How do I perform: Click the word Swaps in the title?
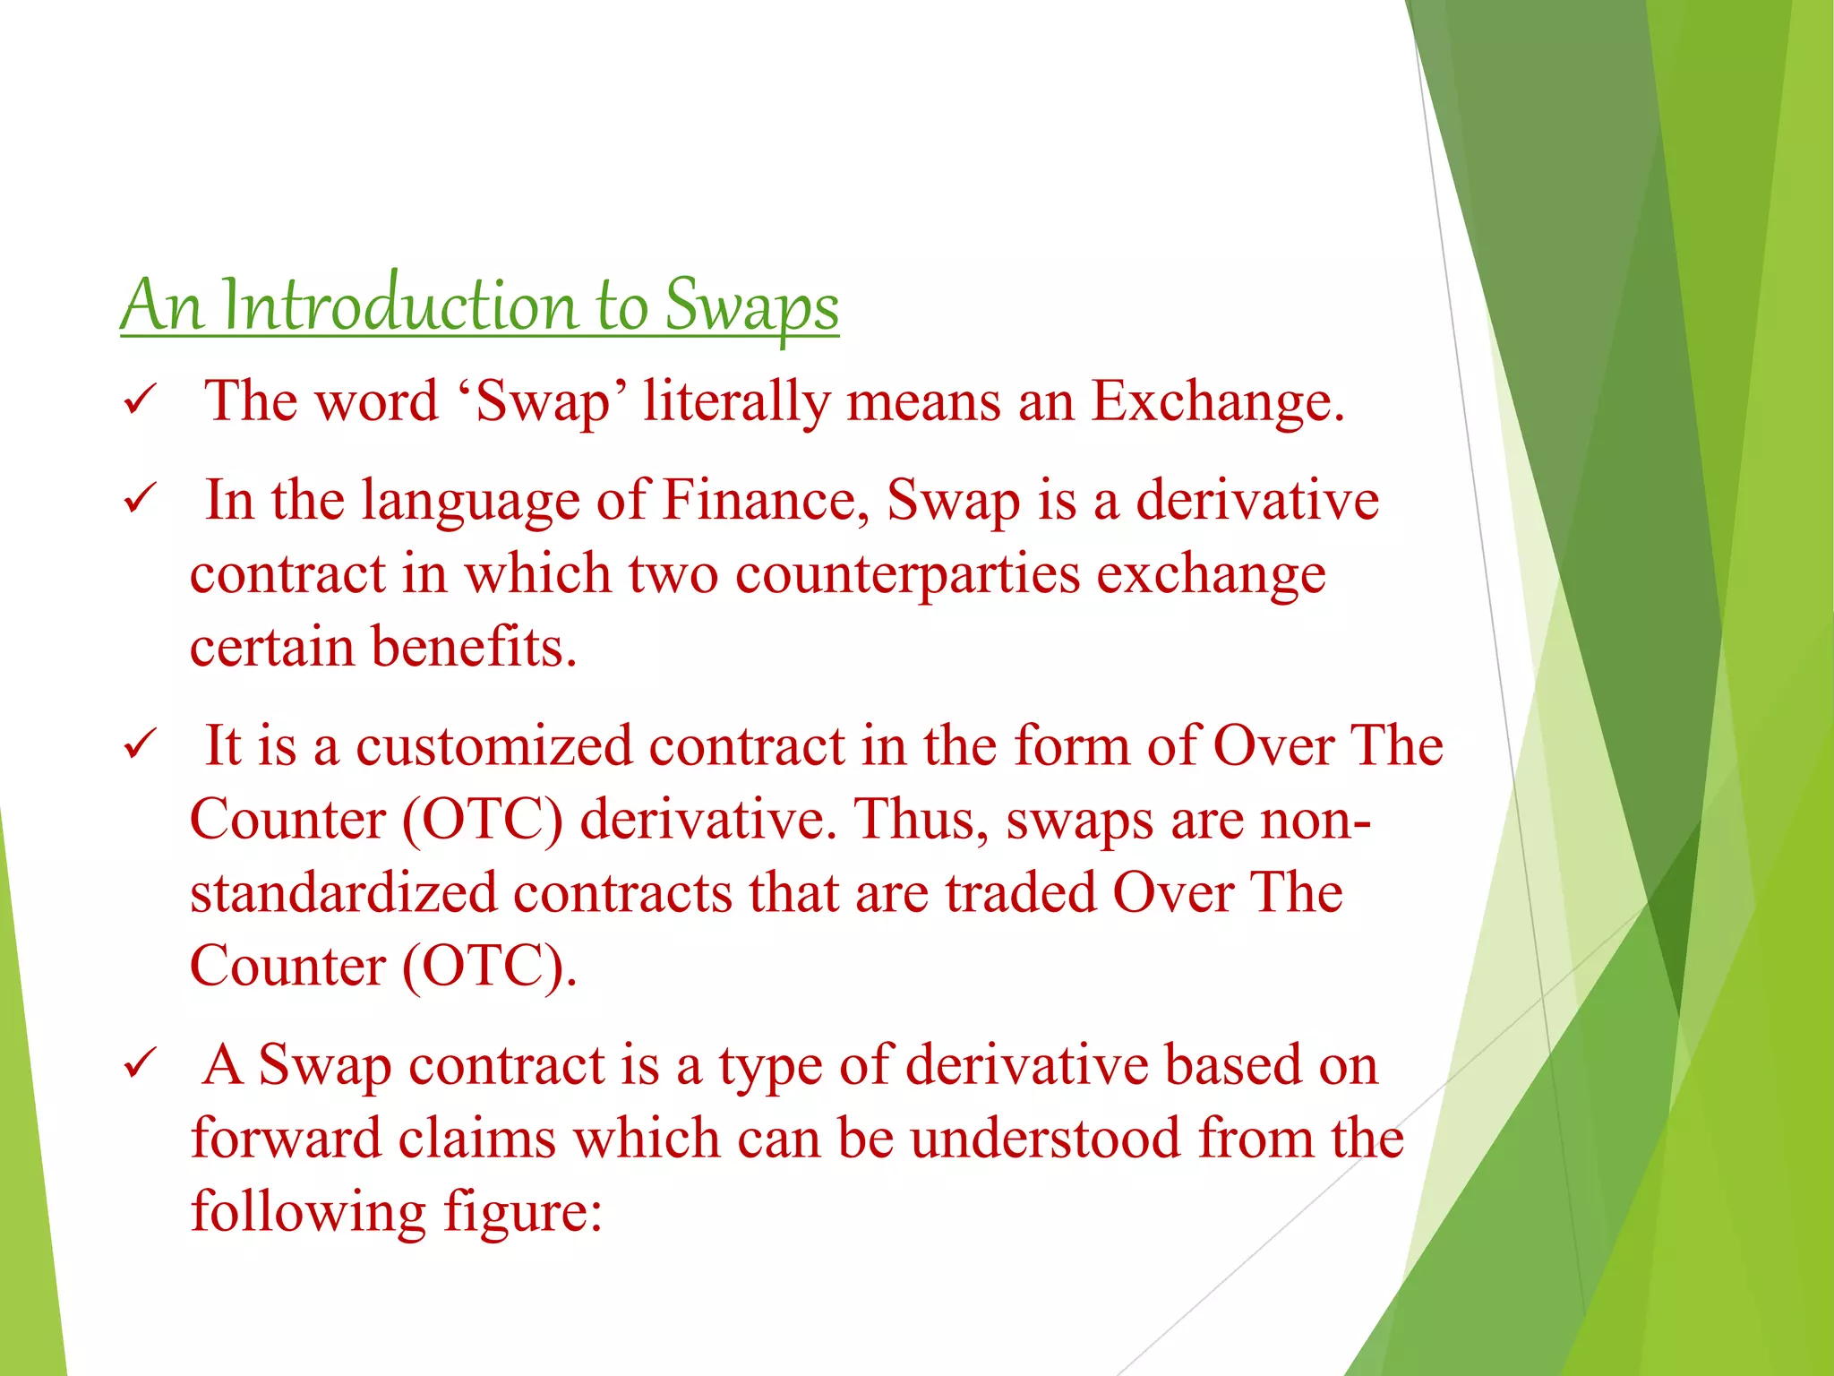750,306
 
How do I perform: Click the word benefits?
473,647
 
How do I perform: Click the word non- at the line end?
1315,819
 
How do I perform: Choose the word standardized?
343,892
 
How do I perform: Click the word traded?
1020,892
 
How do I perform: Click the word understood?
1045,1139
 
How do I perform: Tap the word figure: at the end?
522,1212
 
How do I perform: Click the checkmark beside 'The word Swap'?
141,400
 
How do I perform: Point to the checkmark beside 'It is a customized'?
141,744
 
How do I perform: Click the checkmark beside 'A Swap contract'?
141,1064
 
